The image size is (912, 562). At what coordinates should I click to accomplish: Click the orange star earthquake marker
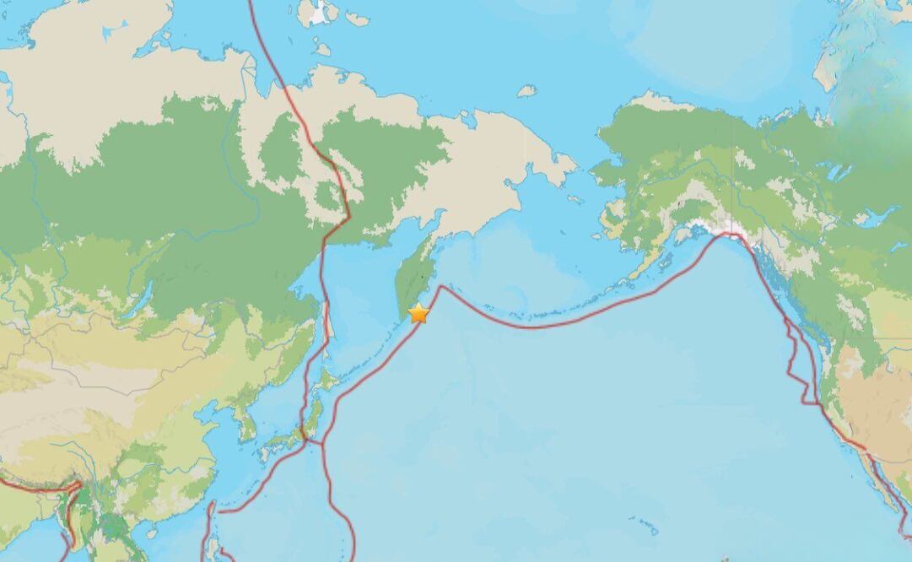[x=418, y=314]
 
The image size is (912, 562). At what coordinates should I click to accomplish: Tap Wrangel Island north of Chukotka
[x=527, y=90]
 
